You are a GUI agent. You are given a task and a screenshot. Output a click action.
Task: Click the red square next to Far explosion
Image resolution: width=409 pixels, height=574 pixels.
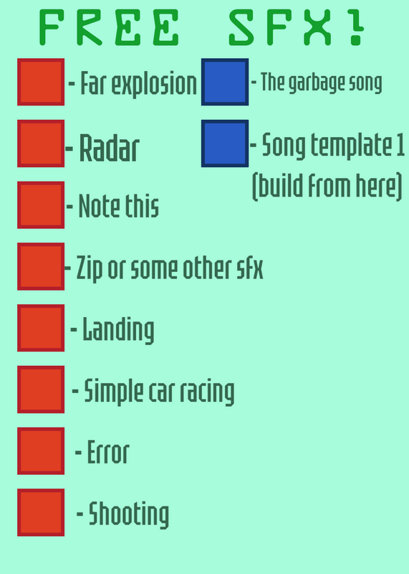tap(41, 82)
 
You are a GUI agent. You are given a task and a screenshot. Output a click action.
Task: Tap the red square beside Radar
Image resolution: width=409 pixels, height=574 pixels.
tap(41, 143)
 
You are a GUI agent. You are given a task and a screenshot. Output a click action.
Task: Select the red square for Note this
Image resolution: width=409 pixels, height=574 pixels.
tap(41, 205)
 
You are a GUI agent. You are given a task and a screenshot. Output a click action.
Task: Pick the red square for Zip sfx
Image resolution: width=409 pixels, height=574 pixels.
tap(41, 266)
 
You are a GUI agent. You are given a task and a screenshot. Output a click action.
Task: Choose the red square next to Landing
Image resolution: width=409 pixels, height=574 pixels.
tap(41, 328)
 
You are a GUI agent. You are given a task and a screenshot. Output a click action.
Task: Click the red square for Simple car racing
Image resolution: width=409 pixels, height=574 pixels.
tap(41, 390)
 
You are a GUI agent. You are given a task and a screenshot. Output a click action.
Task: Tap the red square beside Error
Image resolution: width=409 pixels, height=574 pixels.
tap(41, 451)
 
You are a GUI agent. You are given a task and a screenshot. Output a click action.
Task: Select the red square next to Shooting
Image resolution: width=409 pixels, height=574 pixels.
tap(41, 512)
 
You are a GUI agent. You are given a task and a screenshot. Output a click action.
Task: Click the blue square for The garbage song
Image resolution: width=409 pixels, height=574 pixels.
tap(225, 82)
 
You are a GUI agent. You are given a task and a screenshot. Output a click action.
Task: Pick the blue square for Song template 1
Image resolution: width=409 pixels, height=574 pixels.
tap(225, 143)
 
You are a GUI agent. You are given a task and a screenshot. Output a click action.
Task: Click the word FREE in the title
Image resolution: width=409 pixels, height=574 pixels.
tap(109, 27)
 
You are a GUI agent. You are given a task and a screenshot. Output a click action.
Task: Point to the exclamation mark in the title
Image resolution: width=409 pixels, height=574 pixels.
tap(355, 27)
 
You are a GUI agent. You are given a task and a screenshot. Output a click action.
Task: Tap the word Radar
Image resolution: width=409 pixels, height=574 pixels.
tap(110, 148)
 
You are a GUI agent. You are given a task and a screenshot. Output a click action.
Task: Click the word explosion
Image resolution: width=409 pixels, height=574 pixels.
tap(154, 85)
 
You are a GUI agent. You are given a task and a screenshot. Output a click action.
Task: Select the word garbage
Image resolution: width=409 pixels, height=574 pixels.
tap(317, 83)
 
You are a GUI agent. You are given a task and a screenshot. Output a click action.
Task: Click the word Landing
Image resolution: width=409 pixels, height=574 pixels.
tap(118, 330)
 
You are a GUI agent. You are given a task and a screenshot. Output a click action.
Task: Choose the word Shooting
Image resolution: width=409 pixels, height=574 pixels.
tap(129, 514)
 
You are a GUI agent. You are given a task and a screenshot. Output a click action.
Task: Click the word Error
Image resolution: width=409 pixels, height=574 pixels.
tap(108, 452)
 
